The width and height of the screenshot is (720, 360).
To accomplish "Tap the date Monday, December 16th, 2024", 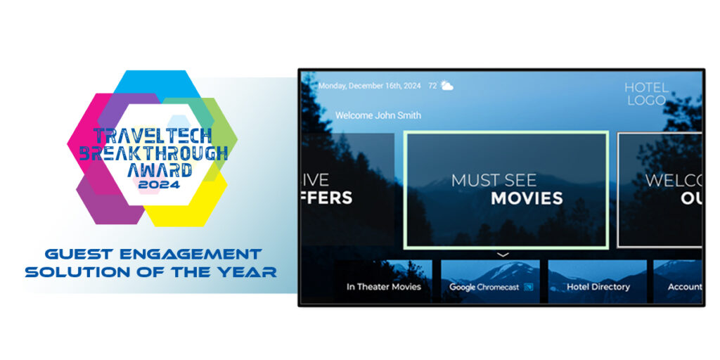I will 369,86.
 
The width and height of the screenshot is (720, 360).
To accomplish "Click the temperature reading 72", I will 432,86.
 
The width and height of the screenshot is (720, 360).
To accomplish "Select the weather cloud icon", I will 446,86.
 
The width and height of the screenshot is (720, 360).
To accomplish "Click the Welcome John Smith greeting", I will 378,115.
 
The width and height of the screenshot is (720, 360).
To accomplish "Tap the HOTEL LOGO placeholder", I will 646,94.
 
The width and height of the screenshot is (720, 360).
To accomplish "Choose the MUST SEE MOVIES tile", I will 506,189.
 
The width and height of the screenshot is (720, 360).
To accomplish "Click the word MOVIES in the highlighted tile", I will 527,198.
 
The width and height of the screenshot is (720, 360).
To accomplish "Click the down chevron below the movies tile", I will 503,255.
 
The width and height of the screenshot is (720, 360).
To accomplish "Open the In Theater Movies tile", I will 383,287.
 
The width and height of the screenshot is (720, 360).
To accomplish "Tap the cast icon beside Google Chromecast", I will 528,287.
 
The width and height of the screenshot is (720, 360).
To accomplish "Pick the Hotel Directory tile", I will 598,287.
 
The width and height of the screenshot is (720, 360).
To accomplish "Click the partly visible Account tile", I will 684,287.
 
